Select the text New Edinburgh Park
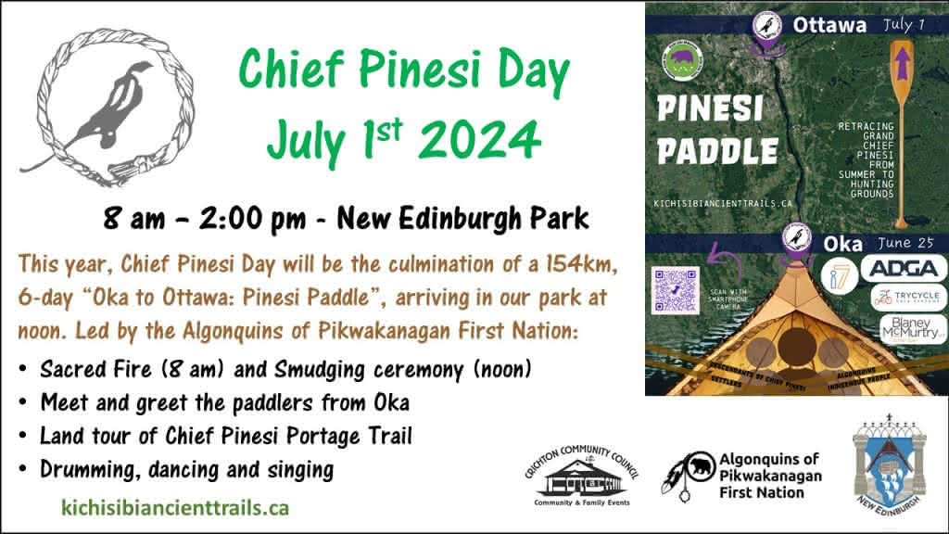pos(462,219)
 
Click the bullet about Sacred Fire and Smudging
pos(285,369)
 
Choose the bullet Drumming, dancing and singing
pos(186,469)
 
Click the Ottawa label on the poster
pos(829,25)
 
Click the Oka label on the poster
pos(841,245)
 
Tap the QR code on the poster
pos(676,289)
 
